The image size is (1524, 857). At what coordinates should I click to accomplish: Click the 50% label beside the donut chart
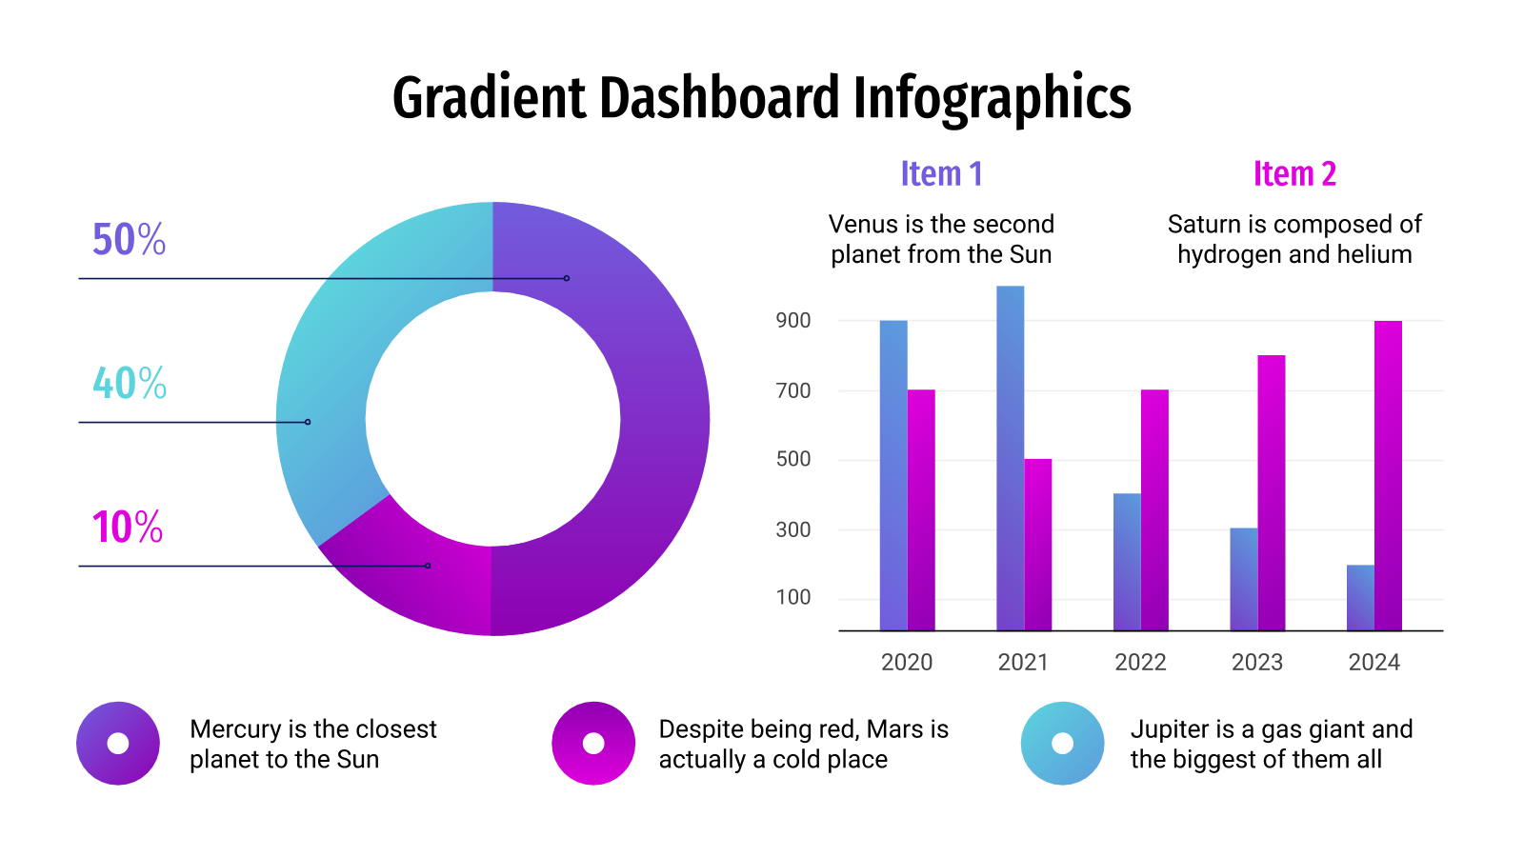(129, 239)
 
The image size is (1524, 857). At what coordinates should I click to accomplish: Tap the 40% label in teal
(130, 383)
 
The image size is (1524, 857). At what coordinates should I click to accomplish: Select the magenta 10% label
(128, 527)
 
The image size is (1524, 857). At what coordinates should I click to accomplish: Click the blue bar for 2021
(1010, 457)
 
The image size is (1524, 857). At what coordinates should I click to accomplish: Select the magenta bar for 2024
(1388, 476)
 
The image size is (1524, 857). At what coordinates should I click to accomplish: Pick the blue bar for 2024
(1360, 598)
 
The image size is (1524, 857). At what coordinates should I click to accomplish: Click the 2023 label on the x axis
(1256, 662)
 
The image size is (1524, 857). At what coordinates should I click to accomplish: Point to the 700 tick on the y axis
(793, 390)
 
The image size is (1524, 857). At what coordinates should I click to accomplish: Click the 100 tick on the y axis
(793, 597)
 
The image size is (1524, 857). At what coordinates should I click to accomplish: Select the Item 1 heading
(941, 174)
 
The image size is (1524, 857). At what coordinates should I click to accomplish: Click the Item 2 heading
(1294, 174)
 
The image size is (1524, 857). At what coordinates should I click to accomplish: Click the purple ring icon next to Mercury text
(118, 744)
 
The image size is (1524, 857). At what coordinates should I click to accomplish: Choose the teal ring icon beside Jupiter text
(1062, 744)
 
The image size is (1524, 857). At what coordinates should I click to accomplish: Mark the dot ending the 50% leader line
(567, 278)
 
